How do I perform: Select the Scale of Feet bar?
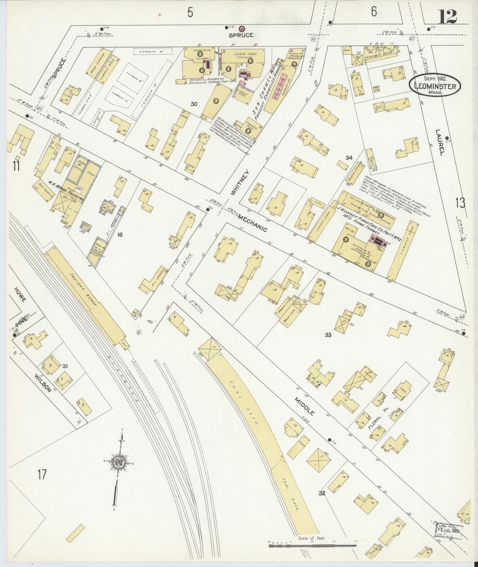point(313,544)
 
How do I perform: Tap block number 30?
point(194,104)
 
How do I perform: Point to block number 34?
point(348,158)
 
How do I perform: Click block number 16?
point(120,235)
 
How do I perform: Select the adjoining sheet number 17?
point(42,475)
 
